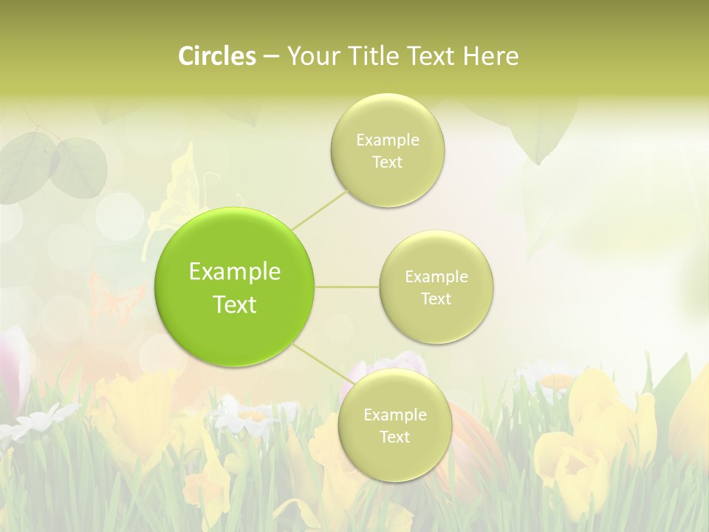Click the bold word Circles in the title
point(217,56)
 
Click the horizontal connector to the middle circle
point(347,287)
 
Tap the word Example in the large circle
point(235,272)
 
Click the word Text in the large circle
point(235,304)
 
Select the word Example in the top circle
point(387,140)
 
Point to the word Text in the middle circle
point(436,299)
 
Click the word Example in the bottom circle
point(394,415)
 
